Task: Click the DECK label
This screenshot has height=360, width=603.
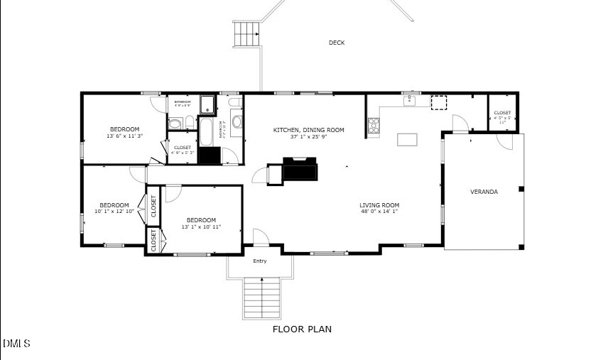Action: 337,43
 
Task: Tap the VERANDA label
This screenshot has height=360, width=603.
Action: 484,192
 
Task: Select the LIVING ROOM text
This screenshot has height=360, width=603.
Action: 379,205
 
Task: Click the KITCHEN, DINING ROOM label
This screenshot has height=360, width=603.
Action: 309,130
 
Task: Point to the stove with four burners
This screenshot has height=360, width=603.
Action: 373,126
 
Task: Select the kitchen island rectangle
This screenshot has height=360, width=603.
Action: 407,139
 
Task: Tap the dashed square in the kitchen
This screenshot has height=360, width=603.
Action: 439,103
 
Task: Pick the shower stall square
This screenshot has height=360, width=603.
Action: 207,105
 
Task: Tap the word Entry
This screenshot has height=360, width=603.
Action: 260,261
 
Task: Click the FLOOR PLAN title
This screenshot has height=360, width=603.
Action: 302,329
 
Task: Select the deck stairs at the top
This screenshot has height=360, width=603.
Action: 246,33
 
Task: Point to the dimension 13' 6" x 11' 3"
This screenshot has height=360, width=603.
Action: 124,136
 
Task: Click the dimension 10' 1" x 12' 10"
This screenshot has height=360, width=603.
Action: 114,212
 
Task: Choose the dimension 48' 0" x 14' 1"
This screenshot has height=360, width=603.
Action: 379,212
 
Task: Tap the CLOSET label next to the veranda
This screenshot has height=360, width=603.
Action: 502,113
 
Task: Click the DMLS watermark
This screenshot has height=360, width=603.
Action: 16,344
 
